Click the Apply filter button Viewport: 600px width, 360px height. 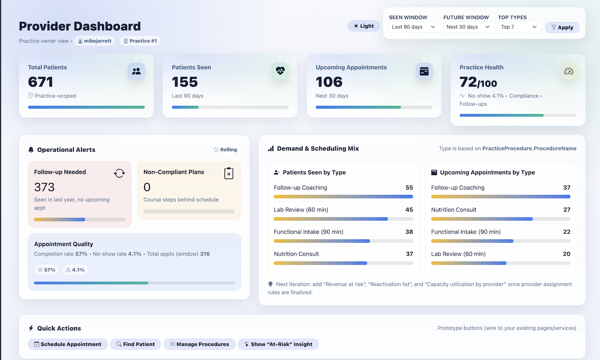click(x=562, y=27)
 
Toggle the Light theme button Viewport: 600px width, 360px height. click(x=363, y=26)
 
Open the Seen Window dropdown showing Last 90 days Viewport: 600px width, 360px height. click(x=414, y=27)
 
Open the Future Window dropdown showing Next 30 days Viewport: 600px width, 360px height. click(x=468, y=27)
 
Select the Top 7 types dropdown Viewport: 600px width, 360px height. click(x=519, y=27)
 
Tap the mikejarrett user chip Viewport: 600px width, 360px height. click(x=95, y=41)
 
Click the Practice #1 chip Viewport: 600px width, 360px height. click(x=139, y=41)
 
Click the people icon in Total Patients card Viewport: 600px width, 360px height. click(x=136, y=71)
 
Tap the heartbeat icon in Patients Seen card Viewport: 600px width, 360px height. click(x=280, y=71)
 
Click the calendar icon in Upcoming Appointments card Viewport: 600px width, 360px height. click(x=424, y=71)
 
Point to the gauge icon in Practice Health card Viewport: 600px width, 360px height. click(x=568, y=71)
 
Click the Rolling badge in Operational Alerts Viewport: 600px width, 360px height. click(x=225, y=149)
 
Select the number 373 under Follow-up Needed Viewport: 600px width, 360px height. click(x=44, y=187)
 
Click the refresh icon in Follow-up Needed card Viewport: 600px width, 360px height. click(x=119, y=173)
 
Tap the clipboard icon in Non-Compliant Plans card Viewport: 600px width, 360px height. click(x=228, y=173)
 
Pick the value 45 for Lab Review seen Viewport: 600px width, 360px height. click(x=409, y=210)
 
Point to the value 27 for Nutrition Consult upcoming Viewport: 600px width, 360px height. click(x=566, y=210)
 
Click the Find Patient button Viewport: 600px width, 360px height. click(x=135, y=344)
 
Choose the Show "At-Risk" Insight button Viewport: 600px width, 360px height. click(x=278, y=344)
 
